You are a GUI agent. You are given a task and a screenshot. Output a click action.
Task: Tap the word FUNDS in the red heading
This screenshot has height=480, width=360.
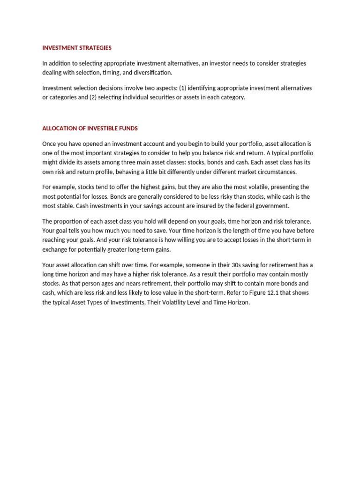(x=128, y=128)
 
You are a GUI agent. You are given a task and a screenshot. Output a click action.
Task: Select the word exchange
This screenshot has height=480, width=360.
(x=55, y=249)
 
